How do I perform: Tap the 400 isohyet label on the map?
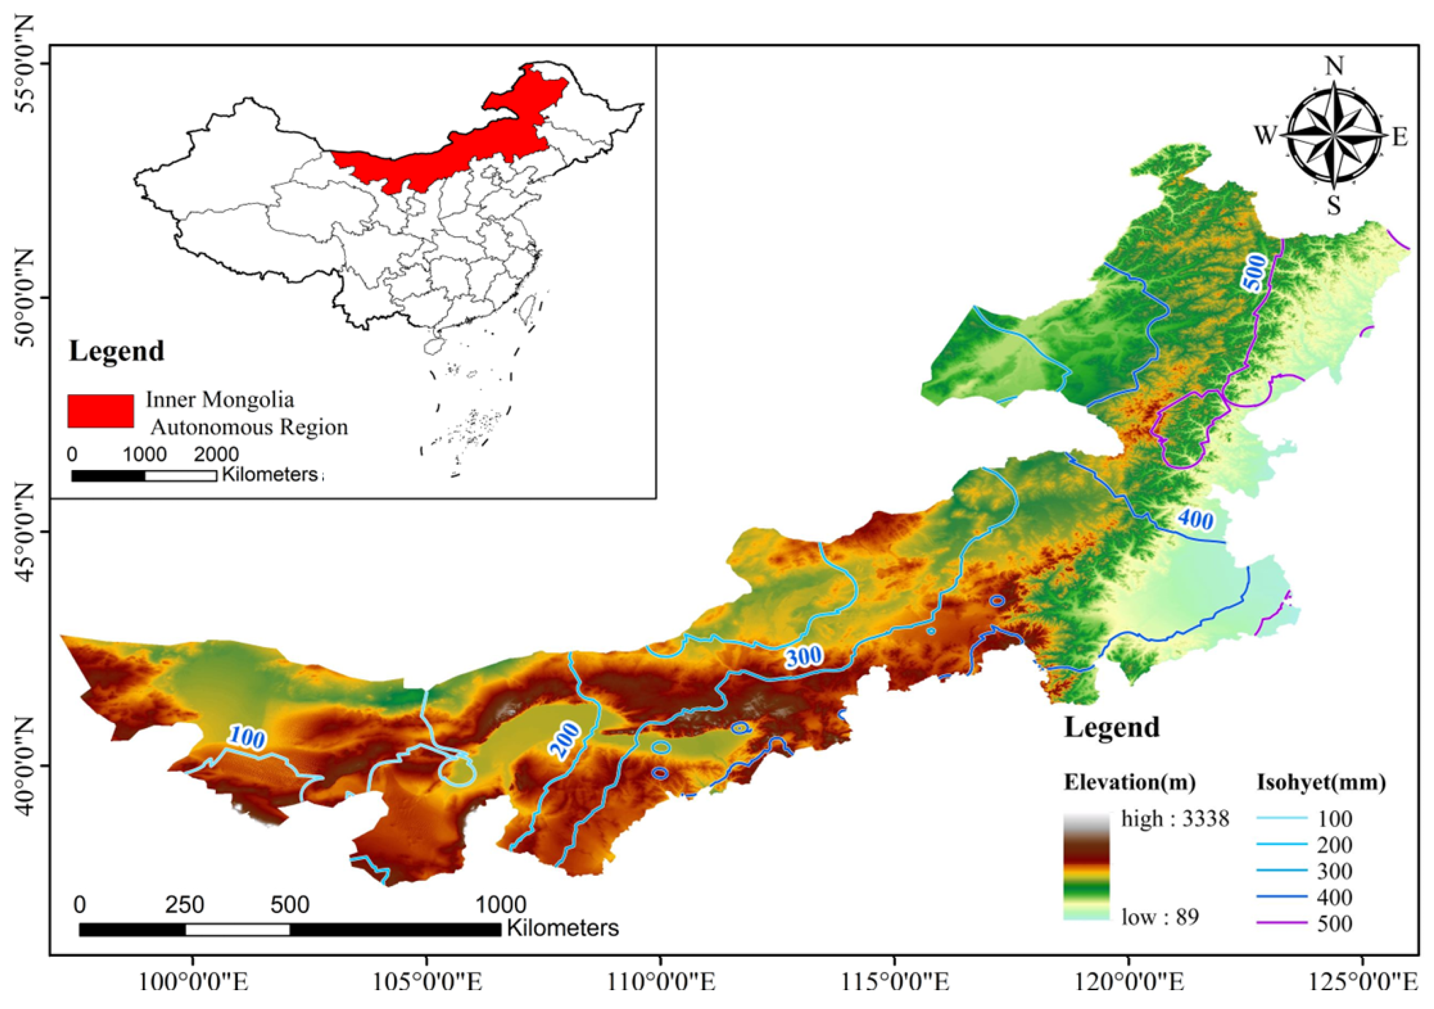[x=1195, y=519]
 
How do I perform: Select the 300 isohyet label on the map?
[x=804, y=656]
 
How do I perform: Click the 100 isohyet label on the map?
[x=247, y=738]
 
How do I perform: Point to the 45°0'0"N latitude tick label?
[x=25, y=532]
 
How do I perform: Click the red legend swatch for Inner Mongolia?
[x=101, y=411]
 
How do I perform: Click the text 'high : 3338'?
[x=1175, y=818]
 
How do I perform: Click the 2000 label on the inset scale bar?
[x=215, y=454]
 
